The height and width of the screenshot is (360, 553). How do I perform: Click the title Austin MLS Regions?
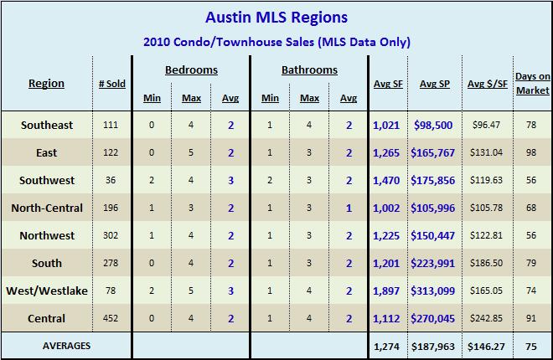[x=276, y=17]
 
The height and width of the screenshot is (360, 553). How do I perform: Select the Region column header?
[x=46, y=84]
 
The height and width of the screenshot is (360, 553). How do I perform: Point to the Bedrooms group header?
[x=191, y=70]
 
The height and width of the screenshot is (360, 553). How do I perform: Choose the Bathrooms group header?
[x=309, y=70]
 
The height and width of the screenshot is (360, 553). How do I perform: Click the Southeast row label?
[x=47, y=126]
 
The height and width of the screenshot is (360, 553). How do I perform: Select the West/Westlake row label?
[x=47, y=291]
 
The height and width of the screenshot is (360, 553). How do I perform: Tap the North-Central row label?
[x=47, y=208]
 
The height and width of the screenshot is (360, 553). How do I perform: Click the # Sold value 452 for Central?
[x=111, y=318]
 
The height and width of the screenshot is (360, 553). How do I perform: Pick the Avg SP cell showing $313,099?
[x=433, y=291]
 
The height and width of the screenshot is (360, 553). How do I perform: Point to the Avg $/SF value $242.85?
[x=487, y=318]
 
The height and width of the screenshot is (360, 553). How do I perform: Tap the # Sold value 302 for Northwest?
[x=111, y=235]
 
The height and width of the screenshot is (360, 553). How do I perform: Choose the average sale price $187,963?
[x=433, y=345]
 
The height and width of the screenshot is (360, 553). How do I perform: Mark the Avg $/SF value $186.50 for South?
[x=487, y=263]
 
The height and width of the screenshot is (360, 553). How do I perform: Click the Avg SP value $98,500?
[x=433, y=126]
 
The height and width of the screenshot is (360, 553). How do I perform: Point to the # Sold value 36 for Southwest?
[x=111, y=181]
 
